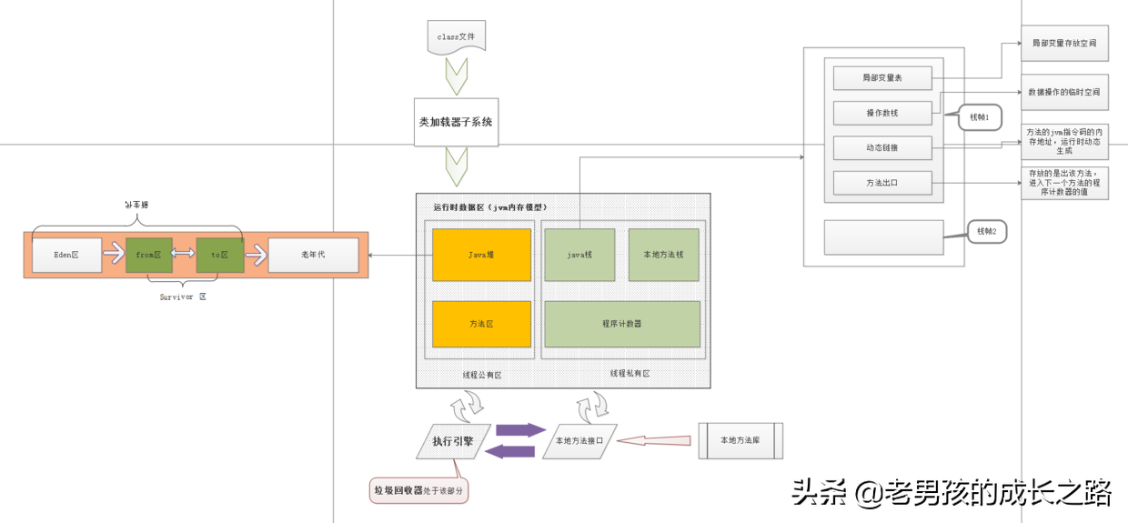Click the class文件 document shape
457,36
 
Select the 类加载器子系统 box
456,122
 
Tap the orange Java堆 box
481,256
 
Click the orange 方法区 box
481,324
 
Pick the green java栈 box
579,256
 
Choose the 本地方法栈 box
663,256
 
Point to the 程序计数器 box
622,324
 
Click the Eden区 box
66,256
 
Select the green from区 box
148,256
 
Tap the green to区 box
220,256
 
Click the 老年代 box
313,256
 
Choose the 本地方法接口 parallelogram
579,441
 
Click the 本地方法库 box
740,441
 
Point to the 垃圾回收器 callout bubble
418,490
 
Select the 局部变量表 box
882,78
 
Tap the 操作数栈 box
882,113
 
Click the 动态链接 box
882,147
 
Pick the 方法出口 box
882,183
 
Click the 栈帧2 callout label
986,232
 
